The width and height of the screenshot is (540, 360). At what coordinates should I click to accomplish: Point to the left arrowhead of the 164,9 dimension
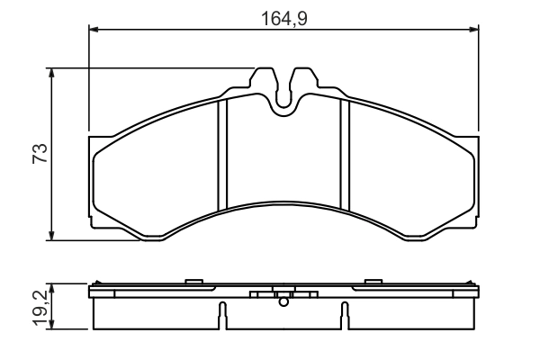pos(94,31)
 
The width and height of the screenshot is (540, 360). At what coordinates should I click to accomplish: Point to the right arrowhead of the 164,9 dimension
pos(472,31)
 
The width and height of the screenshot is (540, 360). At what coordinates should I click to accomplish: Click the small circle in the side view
pos(283,302)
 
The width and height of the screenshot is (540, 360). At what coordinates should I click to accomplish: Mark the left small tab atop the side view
pos(192,281)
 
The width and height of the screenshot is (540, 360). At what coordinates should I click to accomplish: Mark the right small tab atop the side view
pos(372,281)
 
